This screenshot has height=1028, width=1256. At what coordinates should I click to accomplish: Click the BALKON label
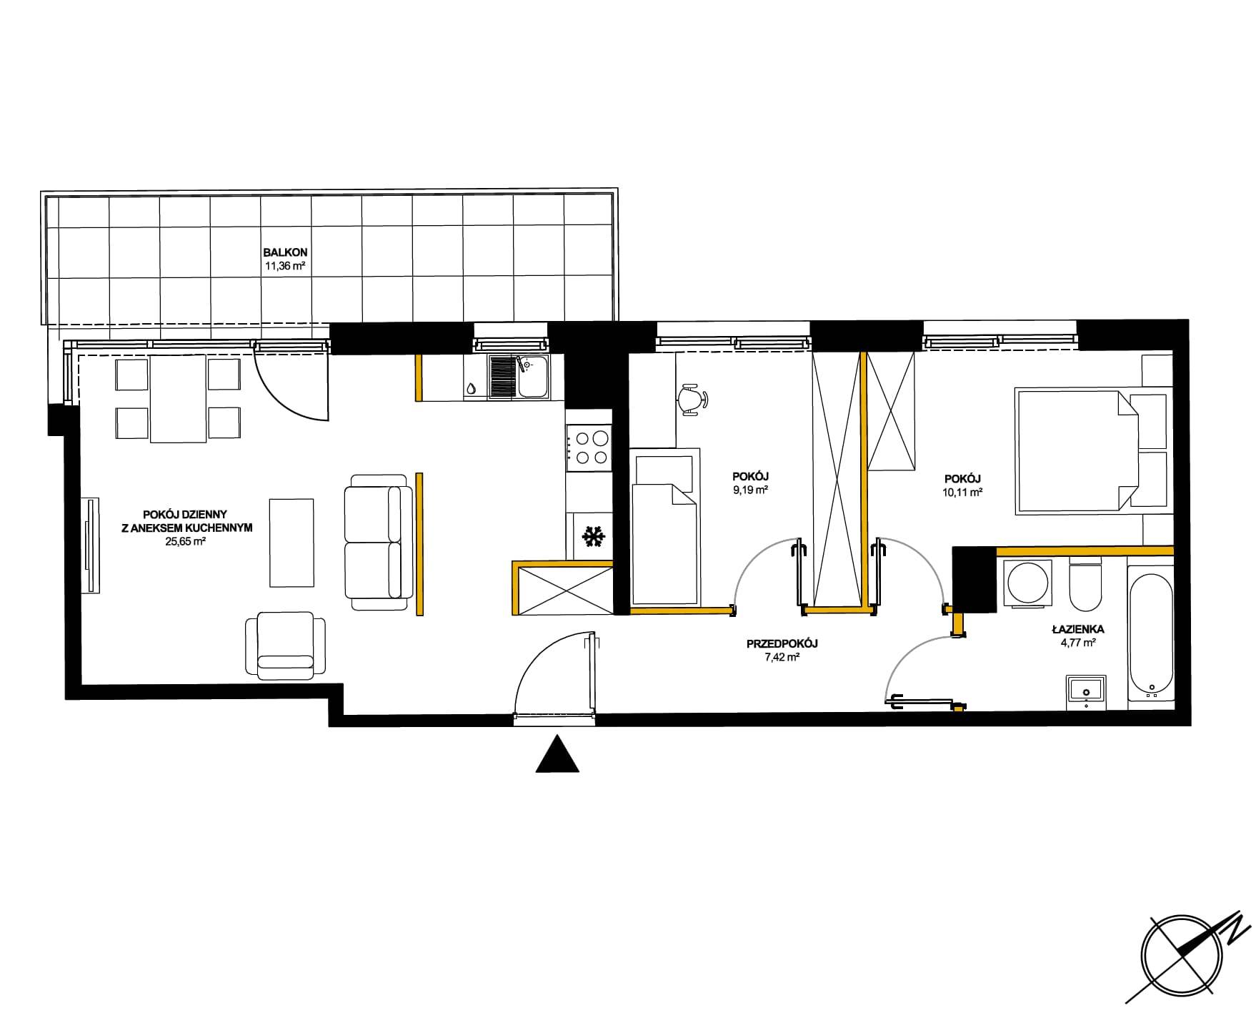click(x=285, y=252)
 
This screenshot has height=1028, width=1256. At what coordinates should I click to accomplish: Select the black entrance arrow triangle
click(x=557, y=754)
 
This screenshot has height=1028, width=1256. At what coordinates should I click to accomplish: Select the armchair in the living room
click(x=285, y=646)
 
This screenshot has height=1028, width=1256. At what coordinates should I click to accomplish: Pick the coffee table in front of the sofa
click(x=291, y=543)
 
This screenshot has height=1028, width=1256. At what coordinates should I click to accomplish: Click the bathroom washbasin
click(x=1086, y=692)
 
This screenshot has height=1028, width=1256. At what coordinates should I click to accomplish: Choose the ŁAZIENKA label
click(x=1078, y=630)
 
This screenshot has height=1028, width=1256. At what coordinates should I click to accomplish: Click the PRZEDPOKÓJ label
click(x=782, y=643)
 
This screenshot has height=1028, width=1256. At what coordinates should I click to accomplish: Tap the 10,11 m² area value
click(x=963, y=492)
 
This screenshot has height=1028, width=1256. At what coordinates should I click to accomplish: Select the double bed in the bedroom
click(x=1092, y=450)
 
